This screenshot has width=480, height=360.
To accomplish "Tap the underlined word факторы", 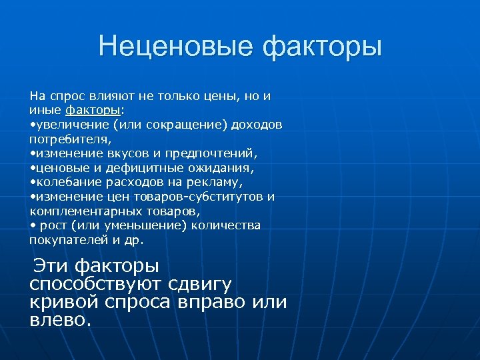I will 93,109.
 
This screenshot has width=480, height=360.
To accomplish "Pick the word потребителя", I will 69,140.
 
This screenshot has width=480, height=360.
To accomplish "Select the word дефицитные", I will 153,168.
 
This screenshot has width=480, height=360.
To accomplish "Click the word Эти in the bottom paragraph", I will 51,266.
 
